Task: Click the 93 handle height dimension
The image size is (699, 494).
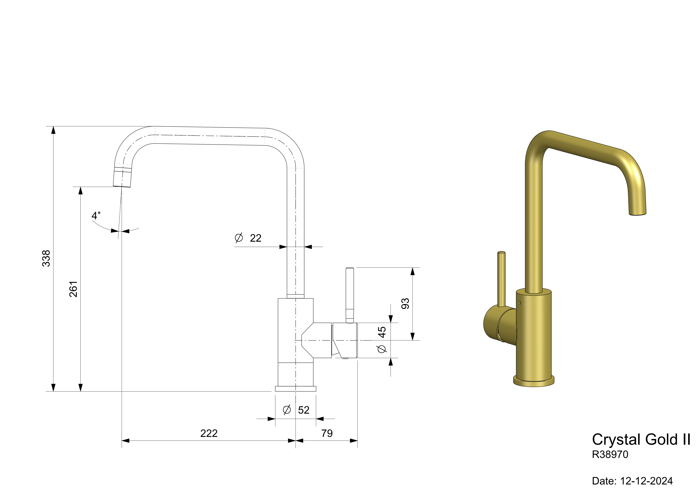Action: point(405,304)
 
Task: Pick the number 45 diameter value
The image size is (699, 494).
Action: point(382,332)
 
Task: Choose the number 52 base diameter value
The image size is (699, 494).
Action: point(304,410)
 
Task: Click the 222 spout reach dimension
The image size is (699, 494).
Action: point(209,433)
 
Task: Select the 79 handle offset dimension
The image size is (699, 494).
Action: point(327,433)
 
